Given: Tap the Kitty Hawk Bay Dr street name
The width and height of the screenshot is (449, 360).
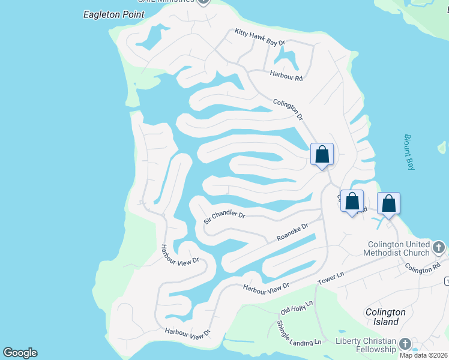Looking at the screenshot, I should pos(259,37).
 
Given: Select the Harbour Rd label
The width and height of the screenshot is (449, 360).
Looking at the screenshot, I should pos(286,76).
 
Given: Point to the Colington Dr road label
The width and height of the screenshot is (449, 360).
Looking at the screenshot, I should pos(287,110).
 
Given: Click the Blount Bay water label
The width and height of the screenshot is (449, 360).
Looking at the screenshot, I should pos(408,152).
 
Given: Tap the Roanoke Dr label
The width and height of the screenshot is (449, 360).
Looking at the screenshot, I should pos(292,233).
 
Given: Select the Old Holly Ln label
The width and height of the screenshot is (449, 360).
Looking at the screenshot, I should pos(297,308).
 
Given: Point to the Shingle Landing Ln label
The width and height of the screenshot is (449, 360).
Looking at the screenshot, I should pos(299,333).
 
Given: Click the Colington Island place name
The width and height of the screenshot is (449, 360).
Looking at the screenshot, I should pos(386,317).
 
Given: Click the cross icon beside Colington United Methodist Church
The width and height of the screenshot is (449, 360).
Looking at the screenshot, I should pos(439,247).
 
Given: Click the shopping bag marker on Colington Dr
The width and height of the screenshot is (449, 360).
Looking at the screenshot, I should pos(322,154).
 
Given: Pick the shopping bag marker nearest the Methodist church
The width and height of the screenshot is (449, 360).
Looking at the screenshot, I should pos(388,203).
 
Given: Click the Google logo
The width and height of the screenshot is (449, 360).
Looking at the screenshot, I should pos(20,353).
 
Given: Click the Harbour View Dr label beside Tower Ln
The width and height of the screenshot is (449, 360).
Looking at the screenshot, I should pos(266,287).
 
